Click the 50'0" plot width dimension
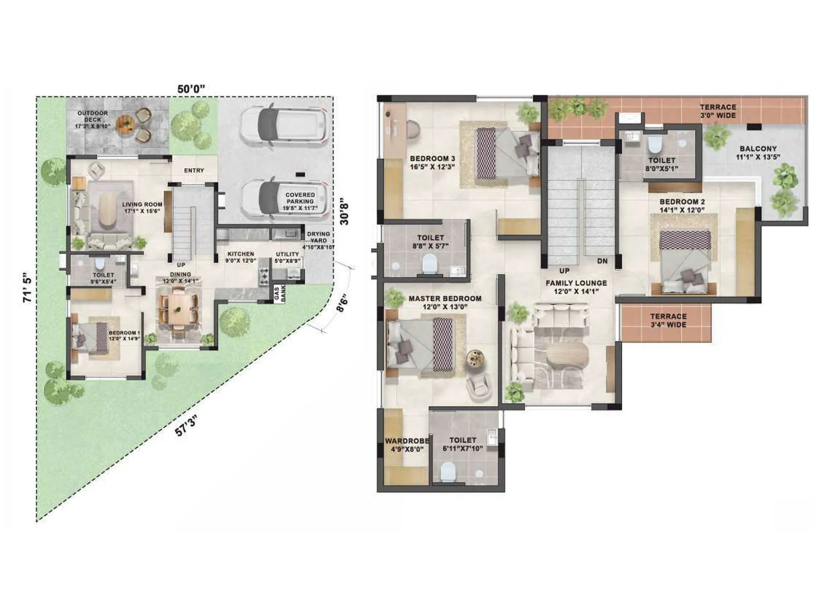191,89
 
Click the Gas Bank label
280,293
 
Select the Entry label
194,170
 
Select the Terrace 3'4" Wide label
668,320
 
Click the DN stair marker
602,261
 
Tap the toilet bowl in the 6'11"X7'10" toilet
447,472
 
